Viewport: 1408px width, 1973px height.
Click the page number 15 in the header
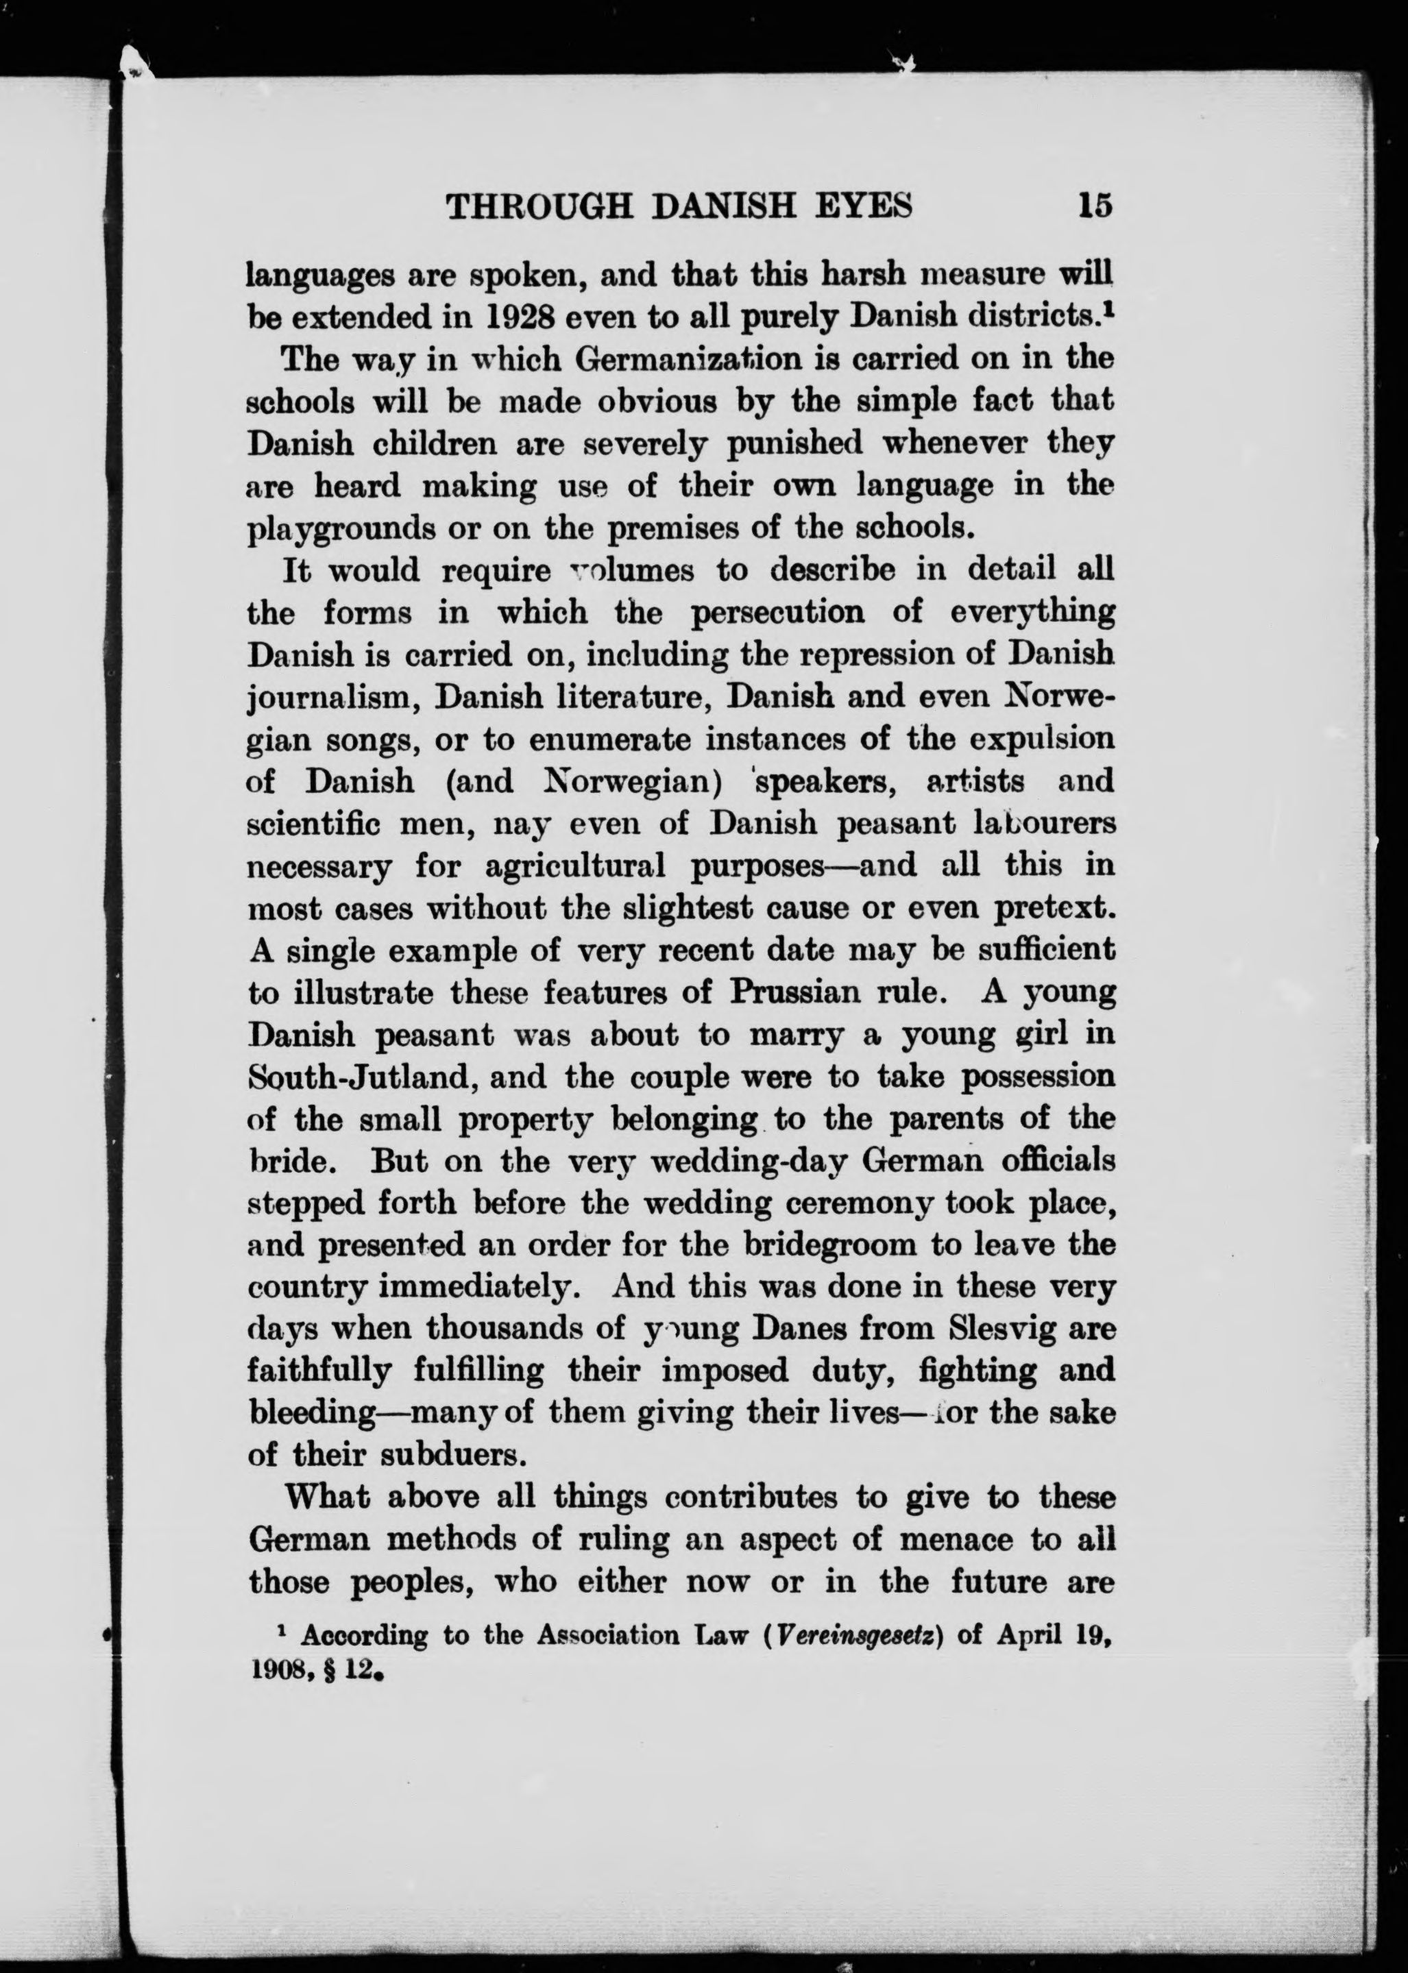(1095, 206)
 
